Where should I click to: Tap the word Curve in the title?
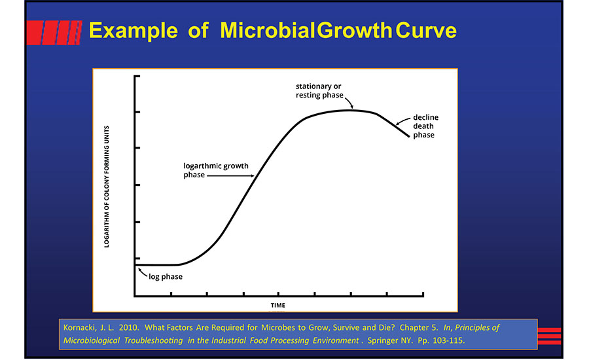point(425,30)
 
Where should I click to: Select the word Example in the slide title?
point(130,30)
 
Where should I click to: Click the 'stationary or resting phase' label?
point(318,90)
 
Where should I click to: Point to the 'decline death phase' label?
point(423,126)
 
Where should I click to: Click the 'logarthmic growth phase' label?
point(216,170)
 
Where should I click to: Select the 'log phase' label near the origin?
point(166,277)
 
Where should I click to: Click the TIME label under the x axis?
point(278,306)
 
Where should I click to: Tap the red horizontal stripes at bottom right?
point(549,336)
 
